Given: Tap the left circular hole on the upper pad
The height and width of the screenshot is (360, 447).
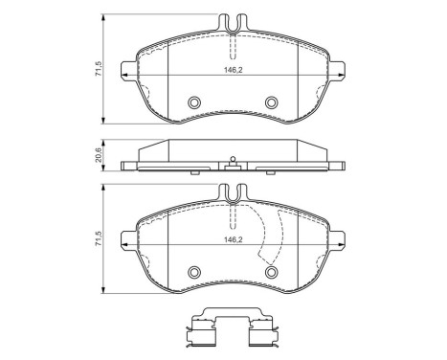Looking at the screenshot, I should (193, 102).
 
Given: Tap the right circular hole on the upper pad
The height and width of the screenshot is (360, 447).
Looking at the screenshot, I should (271, 102).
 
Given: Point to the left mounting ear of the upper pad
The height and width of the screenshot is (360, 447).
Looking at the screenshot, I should (124, 68).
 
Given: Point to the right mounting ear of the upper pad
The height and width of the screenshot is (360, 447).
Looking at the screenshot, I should (340, 68).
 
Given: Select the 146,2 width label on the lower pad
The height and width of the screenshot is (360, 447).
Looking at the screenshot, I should (232, 239).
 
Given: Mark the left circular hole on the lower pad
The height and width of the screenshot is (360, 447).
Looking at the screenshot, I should (193, 272).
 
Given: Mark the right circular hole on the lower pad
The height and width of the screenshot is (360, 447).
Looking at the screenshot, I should (271, 272).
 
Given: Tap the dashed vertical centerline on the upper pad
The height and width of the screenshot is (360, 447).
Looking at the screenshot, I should (232, 48).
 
